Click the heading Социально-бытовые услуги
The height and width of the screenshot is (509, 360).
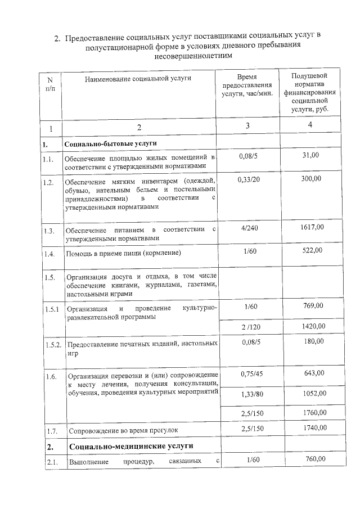(106, 145)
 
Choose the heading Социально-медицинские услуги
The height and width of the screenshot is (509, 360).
(131, 447)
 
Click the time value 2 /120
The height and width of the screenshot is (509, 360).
(247, 326)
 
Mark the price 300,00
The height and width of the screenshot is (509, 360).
(311, 178)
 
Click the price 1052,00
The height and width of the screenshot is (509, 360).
(313, 394)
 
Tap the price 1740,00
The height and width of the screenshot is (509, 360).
(313, 428)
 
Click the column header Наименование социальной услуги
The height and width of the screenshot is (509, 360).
(137, 79)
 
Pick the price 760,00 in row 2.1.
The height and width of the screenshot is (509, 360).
(314, 460)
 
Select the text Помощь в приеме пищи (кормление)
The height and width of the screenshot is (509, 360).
(124, 254)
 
